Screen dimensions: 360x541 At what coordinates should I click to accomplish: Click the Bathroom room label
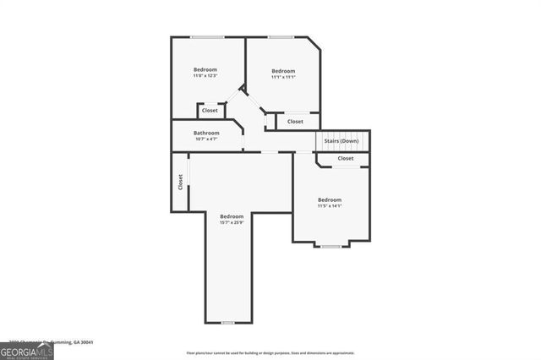click(206, 133)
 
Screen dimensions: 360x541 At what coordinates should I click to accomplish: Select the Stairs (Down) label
click(342, 140)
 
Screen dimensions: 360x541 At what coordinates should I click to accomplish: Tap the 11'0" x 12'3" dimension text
click(205, 76)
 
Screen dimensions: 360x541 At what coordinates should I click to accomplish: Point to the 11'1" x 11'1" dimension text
click(283, 77)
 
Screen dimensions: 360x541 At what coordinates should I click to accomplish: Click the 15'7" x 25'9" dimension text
click(232, 222)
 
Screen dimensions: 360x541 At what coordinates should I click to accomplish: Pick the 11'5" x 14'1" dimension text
click(330, 206)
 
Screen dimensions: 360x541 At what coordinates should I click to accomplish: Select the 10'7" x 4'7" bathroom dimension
click(206, 139)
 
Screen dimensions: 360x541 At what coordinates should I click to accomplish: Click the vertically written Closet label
click(180, 182)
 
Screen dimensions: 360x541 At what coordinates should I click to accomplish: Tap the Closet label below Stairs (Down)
click(346, 158)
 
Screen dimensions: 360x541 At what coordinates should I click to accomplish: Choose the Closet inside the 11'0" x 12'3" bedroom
click(210, 110)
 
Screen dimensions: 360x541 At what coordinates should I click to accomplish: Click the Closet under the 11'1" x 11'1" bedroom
click(295, 122)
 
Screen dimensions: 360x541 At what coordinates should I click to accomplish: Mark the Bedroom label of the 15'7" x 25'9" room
click(232, 215)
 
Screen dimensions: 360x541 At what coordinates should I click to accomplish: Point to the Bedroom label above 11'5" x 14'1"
click(330, 199)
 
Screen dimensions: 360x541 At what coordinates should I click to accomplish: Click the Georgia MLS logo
click(27, 351)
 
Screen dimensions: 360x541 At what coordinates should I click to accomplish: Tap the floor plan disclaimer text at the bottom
click(270, 352)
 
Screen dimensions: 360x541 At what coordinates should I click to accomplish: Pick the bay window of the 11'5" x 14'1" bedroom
click(331, 245)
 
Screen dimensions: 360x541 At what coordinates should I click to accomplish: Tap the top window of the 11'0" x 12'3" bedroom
click(207, 36)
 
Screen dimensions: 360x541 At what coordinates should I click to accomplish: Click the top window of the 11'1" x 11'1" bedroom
click(281, 36)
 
